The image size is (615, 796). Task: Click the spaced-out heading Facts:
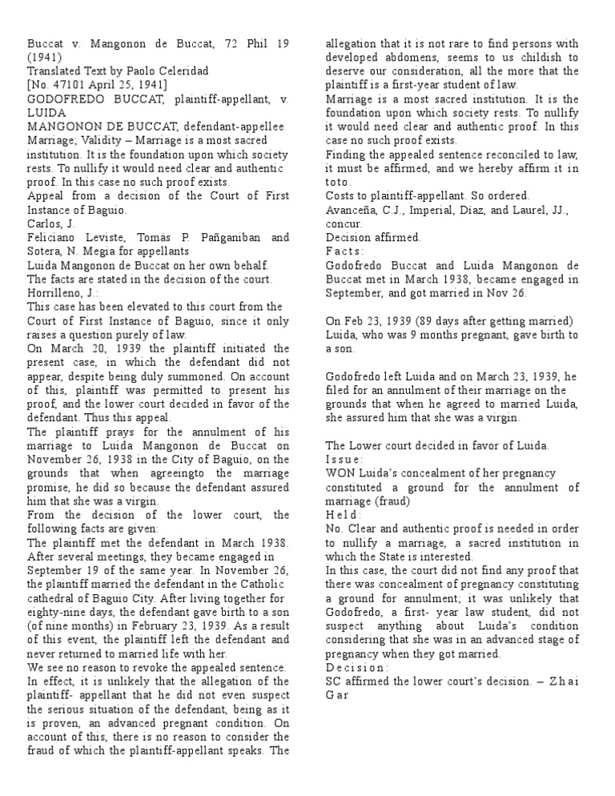[x=345, y=251]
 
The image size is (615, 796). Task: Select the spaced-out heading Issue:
[x=345, y=460]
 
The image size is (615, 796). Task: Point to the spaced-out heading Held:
[x=344, y=515]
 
